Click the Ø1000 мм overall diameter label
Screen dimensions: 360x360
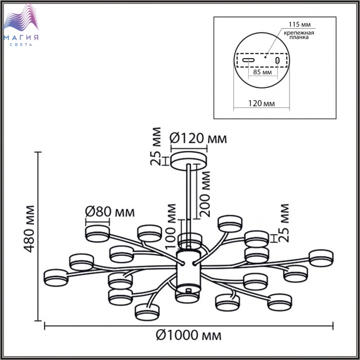tap(189, 335)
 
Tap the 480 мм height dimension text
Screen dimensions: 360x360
tap(30, 229)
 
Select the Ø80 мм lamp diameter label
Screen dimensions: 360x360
tap(110, 212)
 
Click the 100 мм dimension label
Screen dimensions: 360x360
tap(171, 226)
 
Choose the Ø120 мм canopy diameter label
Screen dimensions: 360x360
tap(198, 138)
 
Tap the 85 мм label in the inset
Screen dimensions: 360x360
tap(262, 72)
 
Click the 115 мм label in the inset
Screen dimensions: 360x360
tap(299, 24)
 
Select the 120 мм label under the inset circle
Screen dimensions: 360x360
tap(261, 103)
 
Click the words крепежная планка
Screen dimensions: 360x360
tap(299, 35)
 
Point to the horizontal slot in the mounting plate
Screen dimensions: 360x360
tap(248, 60)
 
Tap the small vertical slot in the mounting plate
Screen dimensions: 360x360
tap(277, 60)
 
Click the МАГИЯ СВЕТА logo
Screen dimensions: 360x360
tap(21, 25)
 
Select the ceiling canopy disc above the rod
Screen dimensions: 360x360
tap(189, 161)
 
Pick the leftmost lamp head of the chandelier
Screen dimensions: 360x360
tap(56, 278)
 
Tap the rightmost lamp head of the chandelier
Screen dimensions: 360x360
tap(321, 258)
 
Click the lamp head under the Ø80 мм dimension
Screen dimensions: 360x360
tap(97, 233)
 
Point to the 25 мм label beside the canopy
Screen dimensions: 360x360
tap(156, 146)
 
